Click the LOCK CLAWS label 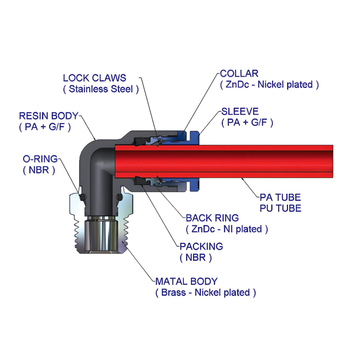coord(94,78)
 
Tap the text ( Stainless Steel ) coord(101,89)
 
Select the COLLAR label coord(239,73)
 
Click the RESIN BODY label coord(49,116)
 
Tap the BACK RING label coord(212,218)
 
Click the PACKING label coord(201,246)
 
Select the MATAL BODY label coord(186,282)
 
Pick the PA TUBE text coord(280,197)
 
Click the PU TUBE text coord(280,208)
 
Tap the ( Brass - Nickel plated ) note coord(205,293)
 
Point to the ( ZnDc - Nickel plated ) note coord(269,84)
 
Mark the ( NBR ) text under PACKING coord(196,258)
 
